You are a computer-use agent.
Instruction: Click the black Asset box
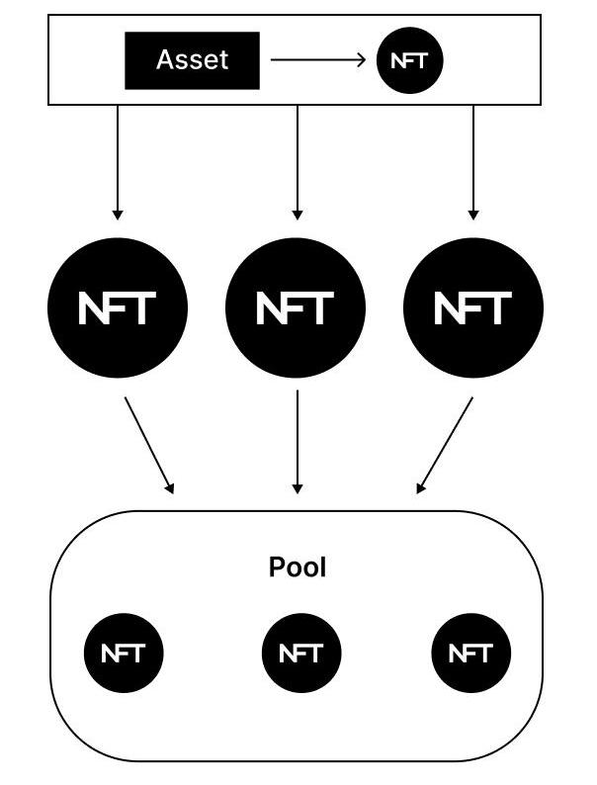pos(192,60)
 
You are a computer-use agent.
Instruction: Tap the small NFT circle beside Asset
pos(409,60)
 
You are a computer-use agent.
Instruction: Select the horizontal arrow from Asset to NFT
pos(316,60)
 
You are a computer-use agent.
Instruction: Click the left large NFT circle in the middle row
pos(118,307)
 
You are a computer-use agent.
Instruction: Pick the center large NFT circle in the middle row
pos(297,307)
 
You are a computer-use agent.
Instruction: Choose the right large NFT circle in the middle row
pos(473,307)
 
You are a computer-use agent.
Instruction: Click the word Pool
pos(298,567)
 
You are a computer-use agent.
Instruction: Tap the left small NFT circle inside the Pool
pos(123,653)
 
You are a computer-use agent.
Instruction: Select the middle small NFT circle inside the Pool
pos(300,653)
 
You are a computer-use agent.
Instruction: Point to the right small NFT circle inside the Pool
pos(471,653)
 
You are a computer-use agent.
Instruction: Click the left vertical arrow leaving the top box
pos(118,158)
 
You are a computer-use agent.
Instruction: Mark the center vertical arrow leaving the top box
pos(298,158)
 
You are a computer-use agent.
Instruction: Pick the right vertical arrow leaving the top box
pos(473,158)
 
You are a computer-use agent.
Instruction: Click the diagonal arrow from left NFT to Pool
pos(148,444)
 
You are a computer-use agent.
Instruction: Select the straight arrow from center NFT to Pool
pos(298,440)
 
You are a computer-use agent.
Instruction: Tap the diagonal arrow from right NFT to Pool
pos(446,444)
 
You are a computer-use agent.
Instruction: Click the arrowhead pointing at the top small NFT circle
pos(362,60)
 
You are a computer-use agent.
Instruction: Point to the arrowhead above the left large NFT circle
pos(118,214)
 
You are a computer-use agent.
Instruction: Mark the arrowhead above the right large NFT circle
pos(473,214)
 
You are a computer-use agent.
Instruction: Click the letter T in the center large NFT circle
pos(321,308)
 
